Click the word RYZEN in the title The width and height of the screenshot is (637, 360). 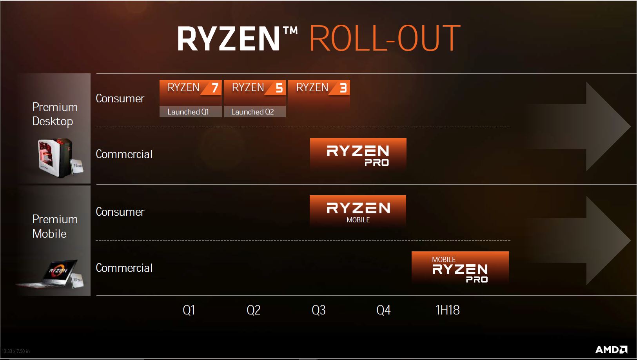tap(229, 38)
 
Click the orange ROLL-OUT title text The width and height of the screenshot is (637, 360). tap(385, 38)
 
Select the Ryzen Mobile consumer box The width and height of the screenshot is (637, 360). tap(358, 211)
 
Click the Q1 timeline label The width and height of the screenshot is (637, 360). tap(189, 310)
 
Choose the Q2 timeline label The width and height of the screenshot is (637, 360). tap(254, 310)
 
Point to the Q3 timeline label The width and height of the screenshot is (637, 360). tap(318, 310)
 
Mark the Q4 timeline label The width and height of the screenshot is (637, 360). tap(383, 310)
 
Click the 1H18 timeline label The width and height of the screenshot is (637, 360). tap(448, 310)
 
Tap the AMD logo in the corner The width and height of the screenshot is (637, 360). tap(612, 349)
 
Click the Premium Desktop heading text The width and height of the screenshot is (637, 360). tap(55, 114)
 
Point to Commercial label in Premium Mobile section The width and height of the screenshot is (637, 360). tap(124, 268)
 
